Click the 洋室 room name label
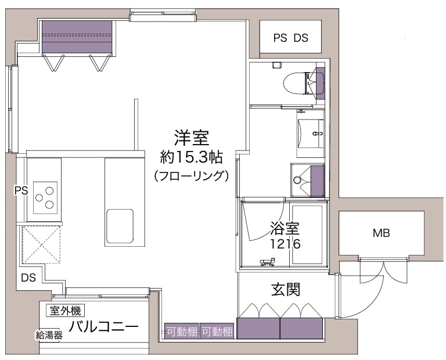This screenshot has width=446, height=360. click(x=192, y=138)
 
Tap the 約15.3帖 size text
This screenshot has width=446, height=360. click(x=191, y=157)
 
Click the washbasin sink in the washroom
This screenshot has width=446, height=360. click(x=311, y=133)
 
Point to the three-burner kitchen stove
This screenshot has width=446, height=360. click(x=45, y=197)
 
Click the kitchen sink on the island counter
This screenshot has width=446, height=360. click(x=120, y=226)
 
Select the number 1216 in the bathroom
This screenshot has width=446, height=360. click(x=285, y=244)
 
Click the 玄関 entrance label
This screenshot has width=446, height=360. click(x=286, y=289)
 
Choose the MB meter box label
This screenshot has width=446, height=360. click(x=381, y=233)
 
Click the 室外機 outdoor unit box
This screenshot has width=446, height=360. click(x=66, y=311)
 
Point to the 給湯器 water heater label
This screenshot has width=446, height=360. click(x=49, y=335)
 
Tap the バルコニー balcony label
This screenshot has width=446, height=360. click(x=103, y=326)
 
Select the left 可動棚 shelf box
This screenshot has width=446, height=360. click(x=182, y=331)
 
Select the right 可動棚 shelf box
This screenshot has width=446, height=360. click(x=217, y=331)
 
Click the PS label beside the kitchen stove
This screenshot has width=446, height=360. click(x=21, y=190)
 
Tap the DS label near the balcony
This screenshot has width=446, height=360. click(x=28, y=278)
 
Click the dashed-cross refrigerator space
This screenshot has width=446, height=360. click(x=42, y=244)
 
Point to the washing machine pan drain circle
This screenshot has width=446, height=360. click(x=297, y=180)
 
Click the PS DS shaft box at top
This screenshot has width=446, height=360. click(x=290, y=37)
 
